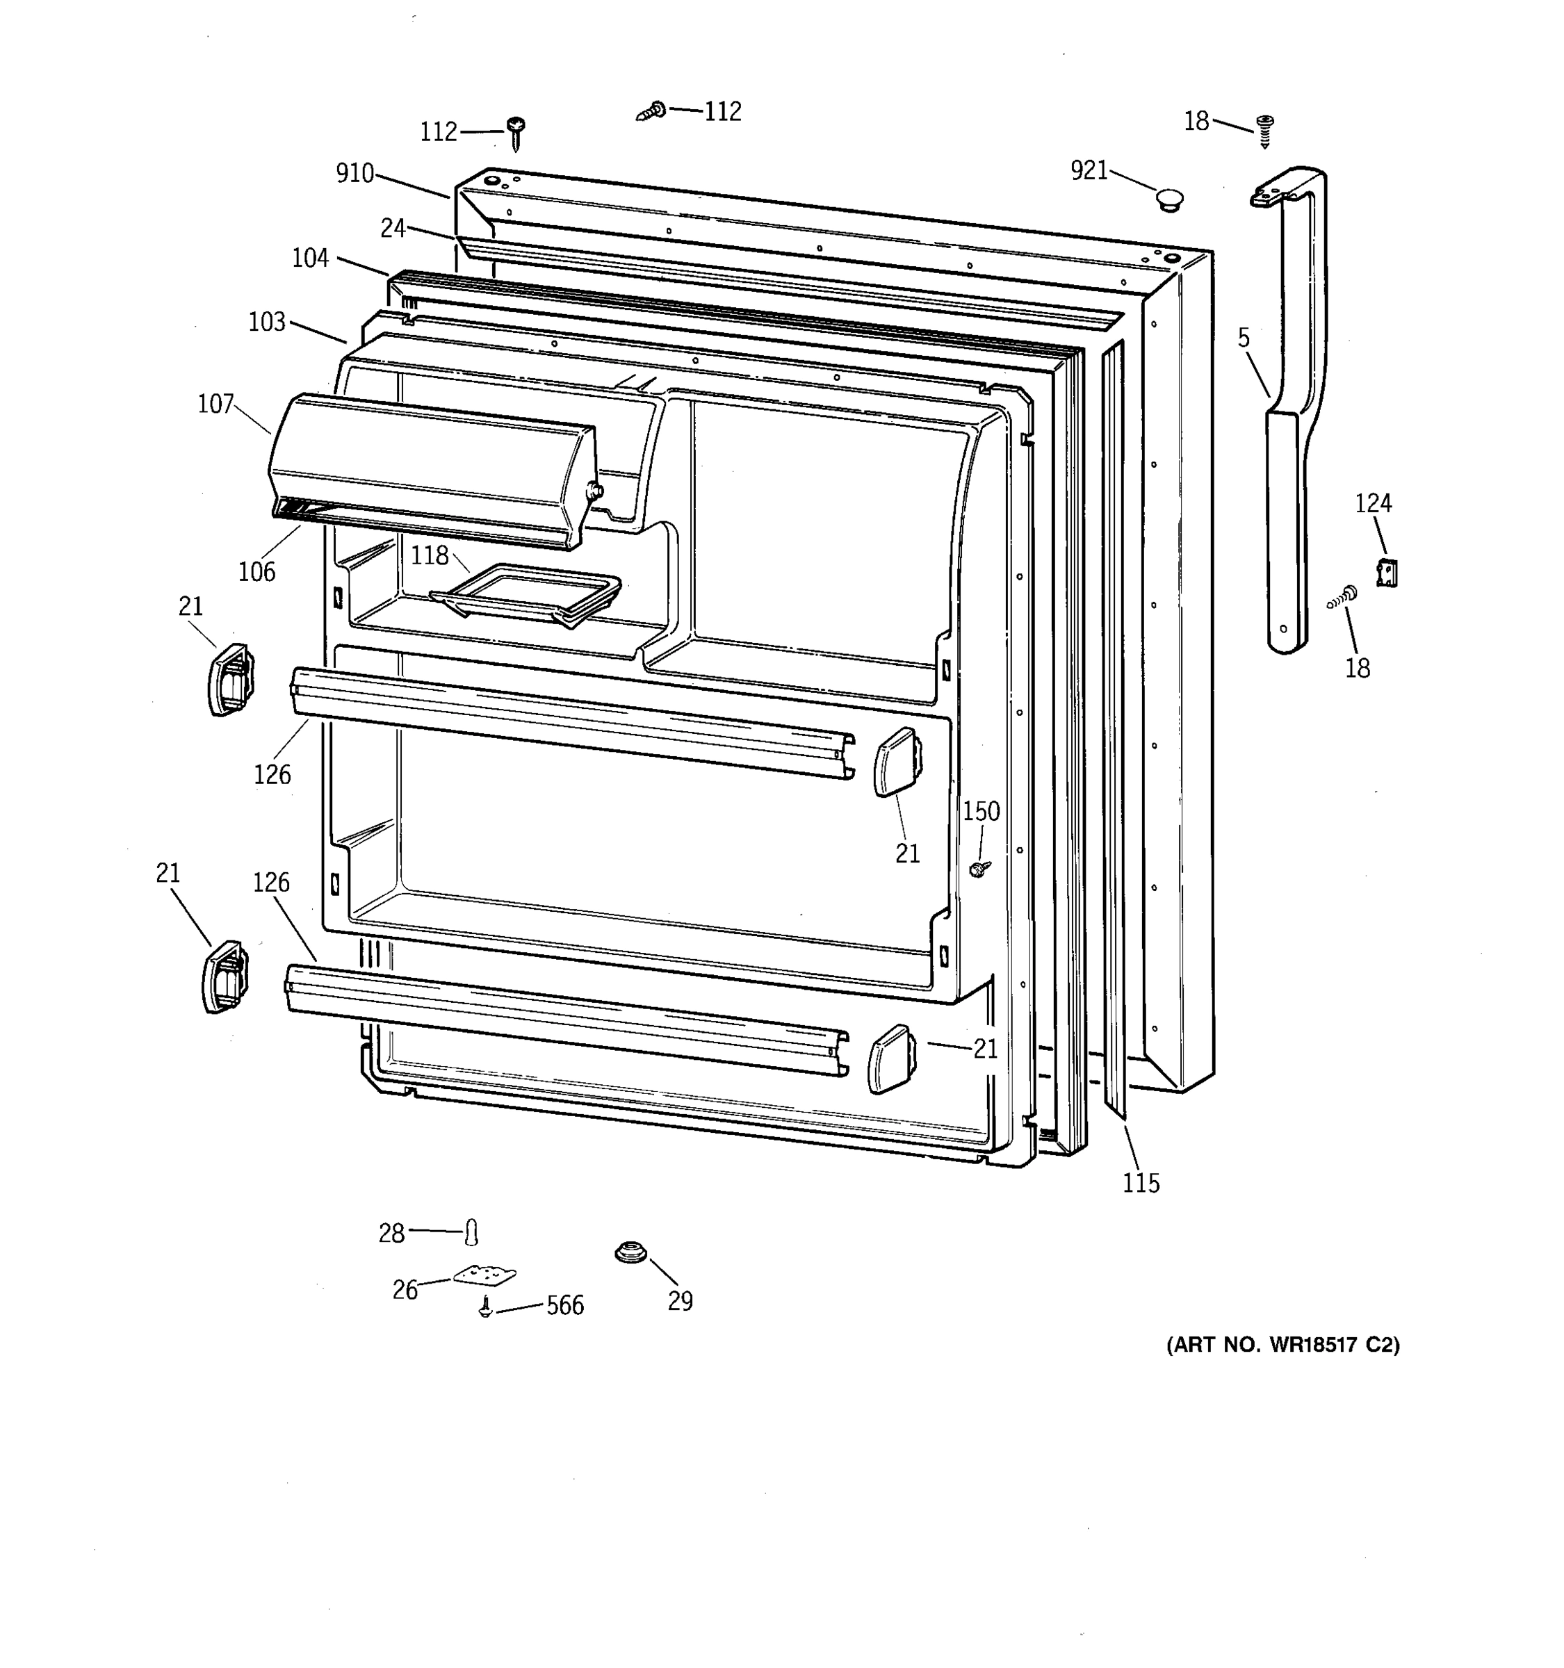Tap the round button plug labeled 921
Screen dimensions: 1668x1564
pos(1168,199)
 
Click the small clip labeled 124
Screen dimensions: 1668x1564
pos(1386,573)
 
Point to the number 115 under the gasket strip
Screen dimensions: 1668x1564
pos(1141,1183)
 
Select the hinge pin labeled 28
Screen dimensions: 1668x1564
pos(471,1232)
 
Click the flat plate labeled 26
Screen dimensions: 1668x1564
pos(484,1275)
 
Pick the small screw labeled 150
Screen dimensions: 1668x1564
pos(978,868)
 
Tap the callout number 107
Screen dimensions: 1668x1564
pos(215,404)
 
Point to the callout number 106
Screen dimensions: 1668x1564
pos(256,571)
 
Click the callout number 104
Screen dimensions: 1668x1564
pos(311,258)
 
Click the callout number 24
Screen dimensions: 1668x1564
pos(393,227)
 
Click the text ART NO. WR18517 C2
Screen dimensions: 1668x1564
pos(1283,1345)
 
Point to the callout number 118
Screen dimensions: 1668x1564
pos(430,555)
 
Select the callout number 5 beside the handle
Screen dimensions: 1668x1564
pos(1244,338)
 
